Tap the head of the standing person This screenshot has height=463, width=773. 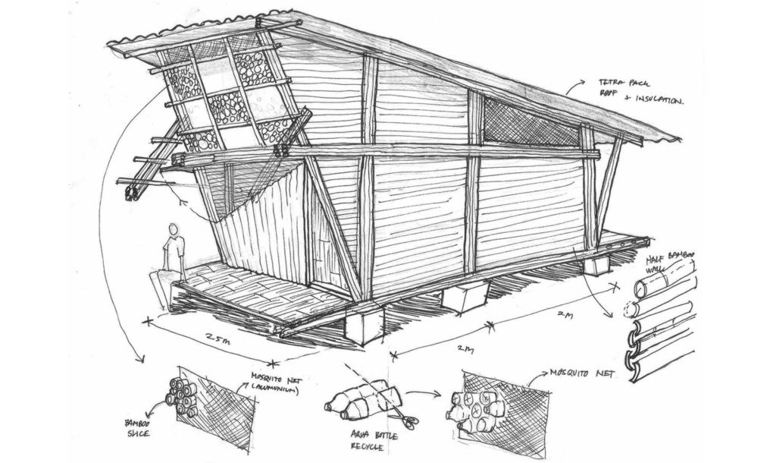point(174,228)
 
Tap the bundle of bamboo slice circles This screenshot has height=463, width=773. point(183,396)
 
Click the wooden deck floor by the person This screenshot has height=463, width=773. point(227,292)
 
